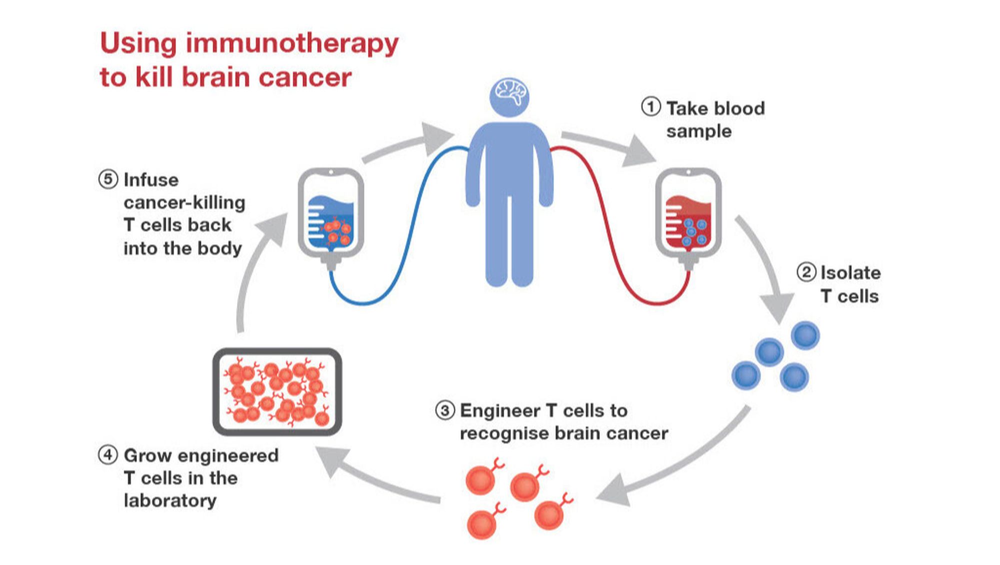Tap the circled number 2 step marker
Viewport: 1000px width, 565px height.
806,272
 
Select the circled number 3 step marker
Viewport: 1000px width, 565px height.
444,410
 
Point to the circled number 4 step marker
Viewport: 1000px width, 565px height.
107,455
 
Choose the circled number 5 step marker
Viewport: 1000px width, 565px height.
108,179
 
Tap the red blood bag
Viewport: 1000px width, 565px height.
688,215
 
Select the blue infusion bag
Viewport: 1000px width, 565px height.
330,215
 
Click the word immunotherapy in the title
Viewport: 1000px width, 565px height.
292,44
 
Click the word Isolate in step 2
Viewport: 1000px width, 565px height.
850,273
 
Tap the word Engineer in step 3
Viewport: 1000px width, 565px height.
500,411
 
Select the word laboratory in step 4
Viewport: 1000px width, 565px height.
170,500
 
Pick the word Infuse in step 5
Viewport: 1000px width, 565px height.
151,180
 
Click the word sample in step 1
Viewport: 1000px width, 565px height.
698,132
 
